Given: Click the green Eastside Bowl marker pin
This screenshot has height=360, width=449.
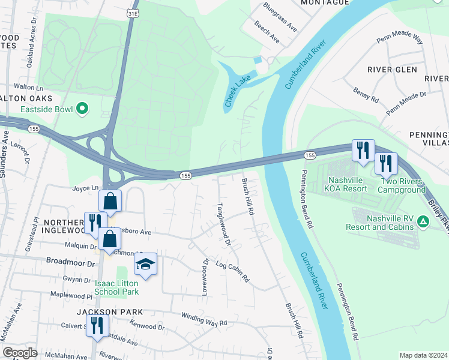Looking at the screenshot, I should [82, 109].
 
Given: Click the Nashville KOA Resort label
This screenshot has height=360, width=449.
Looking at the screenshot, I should [356, 184].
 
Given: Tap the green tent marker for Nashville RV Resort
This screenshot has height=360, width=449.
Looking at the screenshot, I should [423, 223].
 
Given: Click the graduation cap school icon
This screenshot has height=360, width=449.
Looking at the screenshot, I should [145, 263].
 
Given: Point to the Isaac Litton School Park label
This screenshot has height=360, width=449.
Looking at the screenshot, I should [116, 287].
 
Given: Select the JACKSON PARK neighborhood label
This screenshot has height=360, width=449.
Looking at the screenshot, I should [109, 312].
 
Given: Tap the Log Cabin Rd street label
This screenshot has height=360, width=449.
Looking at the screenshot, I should [232, 273].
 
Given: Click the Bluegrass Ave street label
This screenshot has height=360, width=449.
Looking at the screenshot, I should [280, 17].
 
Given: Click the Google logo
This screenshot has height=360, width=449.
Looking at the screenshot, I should [20, 352].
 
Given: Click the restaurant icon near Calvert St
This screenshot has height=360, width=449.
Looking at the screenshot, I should [95, 326].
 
